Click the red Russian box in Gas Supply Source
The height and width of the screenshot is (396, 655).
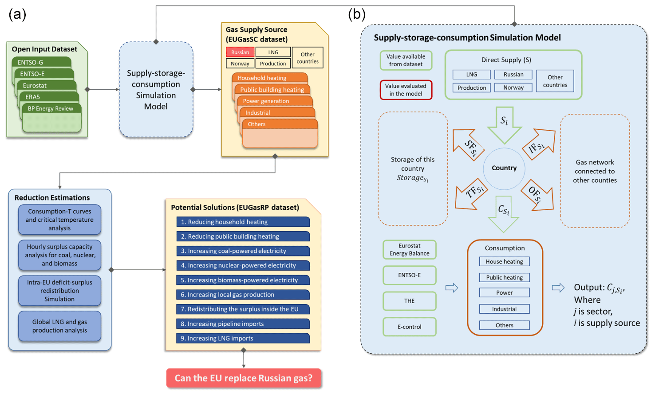tap(240, 52)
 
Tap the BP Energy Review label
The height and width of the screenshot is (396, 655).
tap(51, 108)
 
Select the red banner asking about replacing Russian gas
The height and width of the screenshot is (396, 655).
tap(244, 378)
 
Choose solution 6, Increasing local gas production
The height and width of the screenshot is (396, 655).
tap(243, 295)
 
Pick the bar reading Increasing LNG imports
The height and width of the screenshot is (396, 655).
tap(243, 338)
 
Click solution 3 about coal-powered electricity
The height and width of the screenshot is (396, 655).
tap(243, 251)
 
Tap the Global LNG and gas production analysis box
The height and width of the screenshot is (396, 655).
tap(59, 326)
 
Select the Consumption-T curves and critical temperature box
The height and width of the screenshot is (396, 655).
tap(59, 220)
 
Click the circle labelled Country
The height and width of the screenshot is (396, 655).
tap(504, 168)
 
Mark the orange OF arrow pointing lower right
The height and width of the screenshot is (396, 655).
tap(537, 195)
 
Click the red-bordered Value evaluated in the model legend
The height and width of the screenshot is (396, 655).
tap(406, 90)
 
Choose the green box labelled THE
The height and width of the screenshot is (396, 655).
tap(409, 301)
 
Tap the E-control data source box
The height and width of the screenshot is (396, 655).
tap(409, 327)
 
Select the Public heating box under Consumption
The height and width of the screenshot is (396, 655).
tap(504, 277)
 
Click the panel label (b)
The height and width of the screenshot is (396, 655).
tap(356, 14)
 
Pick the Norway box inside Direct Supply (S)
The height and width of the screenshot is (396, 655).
tap(513, 88)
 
